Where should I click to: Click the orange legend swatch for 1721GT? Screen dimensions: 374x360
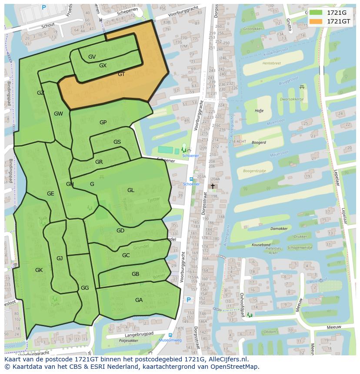coord(316,21)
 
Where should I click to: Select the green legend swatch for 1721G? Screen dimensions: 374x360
coord(316,13)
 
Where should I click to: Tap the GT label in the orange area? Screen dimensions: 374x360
coord(121,74)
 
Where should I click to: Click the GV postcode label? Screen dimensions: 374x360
coord(92,57)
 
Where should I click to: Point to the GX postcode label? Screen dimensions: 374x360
coord(103,66)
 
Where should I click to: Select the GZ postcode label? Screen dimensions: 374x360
coord(40,93)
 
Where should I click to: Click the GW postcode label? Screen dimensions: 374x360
coord(58,114)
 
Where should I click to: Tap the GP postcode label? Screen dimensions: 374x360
coord(103,122)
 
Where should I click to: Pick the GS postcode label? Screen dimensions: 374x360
coord(117,142)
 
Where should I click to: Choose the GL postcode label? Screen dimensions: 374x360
coord(131,190)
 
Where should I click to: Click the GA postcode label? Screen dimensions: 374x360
coord(139,300)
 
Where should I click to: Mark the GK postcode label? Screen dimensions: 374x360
coord(39,270)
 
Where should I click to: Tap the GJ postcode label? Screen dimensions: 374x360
coord(60,258)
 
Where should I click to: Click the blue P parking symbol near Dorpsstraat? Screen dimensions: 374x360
coord(189,300)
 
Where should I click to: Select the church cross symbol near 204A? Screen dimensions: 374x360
coord(213,186)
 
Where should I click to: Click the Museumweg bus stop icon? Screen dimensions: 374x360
coord(170,335)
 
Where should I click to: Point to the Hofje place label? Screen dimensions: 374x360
coord(259,111)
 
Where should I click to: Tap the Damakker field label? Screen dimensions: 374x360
coord(279,228)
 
